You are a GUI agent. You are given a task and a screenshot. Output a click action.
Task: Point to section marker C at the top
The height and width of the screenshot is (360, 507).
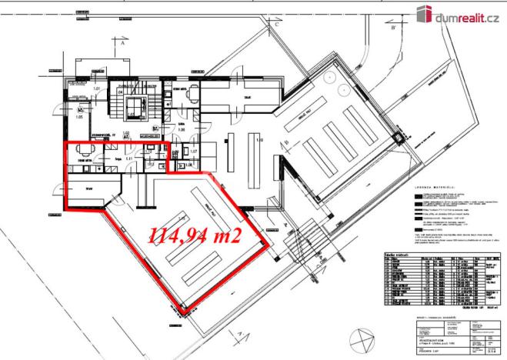click(x=273, y=24)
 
